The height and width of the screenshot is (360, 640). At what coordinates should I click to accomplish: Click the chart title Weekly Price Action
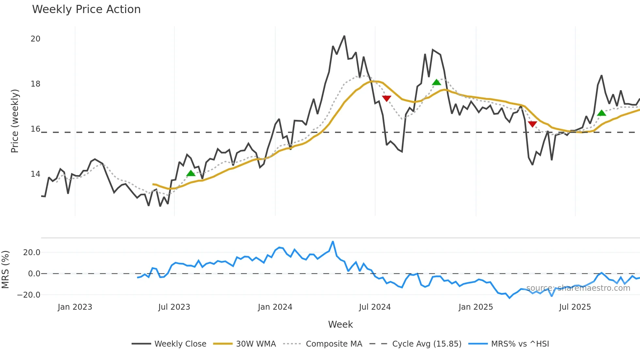tap(86, 9)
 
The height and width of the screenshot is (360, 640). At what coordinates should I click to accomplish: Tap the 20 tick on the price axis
tap(35, 39)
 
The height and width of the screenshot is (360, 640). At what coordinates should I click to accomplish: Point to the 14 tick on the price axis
tap(35, 174)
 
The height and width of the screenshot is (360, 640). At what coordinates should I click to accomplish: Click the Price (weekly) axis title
tap(15, 121)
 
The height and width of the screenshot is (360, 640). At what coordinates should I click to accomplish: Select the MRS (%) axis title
tap(5, 270)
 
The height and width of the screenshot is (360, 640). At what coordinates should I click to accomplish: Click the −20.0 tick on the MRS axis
tap(29, 295)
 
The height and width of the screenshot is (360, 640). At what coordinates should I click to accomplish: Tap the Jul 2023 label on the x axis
tap(174, 307)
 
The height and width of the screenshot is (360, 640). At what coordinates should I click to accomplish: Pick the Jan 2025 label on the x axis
tap(475, 307)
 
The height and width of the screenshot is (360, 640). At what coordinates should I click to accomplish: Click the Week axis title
tap(340, 324)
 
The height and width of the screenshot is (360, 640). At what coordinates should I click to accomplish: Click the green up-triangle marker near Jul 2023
tap(191, 173)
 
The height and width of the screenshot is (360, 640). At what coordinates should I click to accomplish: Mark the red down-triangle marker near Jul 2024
tap(387, 98)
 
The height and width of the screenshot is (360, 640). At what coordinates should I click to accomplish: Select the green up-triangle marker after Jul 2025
tap(601, 113)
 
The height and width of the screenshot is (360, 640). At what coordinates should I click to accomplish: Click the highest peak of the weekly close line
tap(344, 36)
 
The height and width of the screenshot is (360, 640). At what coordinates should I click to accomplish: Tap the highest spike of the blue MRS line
tap(333, 242)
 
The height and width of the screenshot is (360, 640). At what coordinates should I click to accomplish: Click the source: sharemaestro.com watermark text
tap(578, 288)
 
